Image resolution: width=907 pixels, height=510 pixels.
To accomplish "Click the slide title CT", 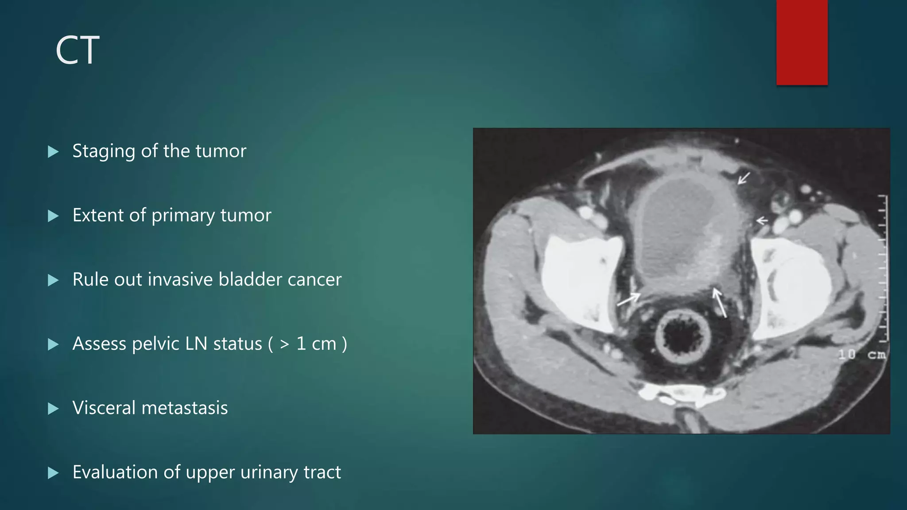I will coord(78,50).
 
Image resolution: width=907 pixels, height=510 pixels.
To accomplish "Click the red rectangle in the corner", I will coord(802,42).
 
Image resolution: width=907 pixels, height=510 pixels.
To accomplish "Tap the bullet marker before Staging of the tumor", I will coord(53,152).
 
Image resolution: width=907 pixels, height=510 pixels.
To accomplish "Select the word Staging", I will coord(104,151).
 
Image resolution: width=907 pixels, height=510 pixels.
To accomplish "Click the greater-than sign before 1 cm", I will coord(284,344).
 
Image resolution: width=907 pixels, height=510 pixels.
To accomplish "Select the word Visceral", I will coord(104,408).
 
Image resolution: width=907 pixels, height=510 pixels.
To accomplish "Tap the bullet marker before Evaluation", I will coord(53,473).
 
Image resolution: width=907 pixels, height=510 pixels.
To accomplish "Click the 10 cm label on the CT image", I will coord(861,354).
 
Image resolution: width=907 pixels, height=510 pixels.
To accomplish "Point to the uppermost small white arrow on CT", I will coord(744,178).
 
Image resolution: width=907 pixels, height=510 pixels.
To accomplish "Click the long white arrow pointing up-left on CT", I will coord(720,303).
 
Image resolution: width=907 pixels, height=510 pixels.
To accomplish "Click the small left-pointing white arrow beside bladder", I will coord(762,220).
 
